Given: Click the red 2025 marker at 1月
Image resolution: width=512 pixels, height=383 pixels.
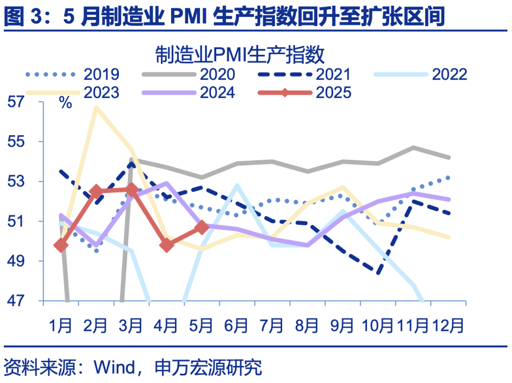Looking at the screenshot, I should [x=61, y=245].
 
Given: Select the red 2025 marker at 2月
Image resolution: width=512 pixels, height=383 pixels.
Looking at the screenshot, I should [x=96, y=191].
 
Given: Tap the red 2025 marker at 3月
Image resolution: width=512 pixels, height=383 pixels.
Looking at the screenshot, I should [x=131, y=190].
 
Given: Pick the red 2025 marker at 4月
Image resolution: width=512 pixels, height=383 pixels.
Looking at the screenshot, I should [x=167, y=245].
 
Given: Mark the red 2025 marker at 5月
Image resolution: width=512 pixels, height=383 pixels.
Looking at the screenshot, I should [x=202, y=227].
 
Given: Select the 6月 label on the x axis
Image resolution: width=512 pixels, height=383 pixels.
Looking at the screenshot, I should [x=237, y=326].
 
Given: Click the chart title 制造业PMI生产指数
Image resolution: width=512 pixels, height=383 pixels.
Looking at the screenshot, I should [x=240, y=55].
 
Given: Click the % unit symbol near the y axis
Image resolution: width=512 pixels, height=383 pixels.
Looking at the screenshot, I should [x=65, y=103].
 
